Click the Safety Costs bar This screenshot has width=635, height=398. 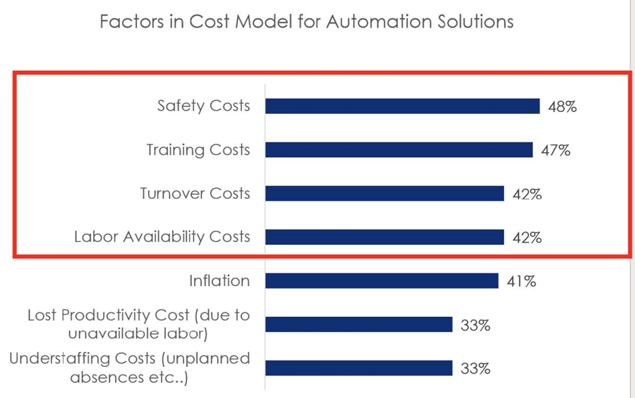(x=402, y=106)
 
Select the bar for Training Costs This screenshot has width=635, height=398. (x=399, y=150)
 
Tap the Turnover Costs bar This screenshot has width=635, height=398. (x=384, y=194)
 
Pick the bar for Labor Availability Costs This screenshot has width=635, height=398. (x=384, y=237)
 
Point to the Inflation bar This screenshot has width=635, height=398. (x=382, y=281)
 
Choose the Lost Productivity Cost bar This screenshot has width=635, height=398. (x=359, y=324)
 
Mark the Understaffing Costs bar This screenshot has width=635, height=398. (x=359, y=368)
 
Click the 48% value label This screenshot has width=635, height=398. (x=562, y=107)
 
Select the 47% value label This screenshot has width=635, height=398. (x=555, y=150)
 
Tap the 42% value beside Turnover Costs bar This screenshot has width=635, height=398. (x=527, y=194)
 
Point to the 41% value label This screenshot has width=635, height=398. (x=521, y=281)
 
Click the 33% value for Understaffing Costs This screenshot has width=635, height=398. (x=475, y=369)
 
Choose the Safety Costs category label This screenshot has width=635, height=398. (x=203, y=106)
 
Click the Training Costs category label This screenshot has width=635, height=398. (x=198, y=150)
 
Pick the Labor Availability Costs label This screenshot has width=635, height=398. (x=162, y=237)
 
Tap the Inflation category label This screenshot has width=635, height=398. (x=220, y=281)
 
